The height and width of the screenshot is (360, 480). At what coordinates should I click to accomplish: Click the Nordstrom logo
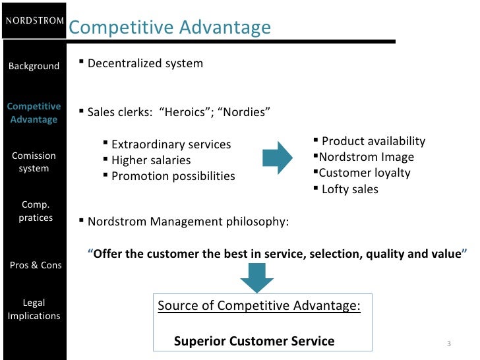point(34,20)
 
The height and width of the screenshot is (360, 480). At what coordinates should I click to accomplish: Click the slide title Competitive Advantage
point(169,28)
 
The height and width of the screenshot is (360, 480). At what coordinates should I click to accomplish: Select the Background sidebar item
point(34,66)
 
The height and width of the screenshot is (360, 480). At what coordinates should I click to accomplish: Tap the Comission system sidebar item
point(34,162)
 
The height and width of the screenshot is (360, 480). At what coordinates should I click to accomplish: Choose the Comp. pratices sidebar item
point(36,211)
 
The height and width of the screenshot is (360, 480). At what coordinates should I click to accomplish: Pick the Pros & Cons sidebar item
point(36,265)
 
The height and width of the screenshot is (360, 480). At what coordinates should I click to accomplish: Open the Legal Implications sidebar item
point(34,309)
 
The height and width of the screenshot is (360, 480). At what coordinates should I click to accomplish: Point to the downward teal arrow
point(256,278)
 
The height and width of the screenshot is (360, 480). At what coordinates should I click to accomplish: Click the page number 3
point(448,344)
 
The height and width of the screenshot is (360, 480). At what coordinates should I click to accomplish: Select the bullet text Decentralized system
point(145,64)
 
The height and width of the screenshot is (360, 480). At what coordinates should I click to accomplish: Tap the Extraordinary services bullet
point(171,144)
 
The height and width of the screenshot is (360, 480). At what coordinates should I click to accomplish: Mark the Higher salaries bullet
point(151,160)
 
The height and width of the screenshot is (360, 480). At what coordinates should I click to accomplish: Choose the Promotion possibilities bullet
point(173,176)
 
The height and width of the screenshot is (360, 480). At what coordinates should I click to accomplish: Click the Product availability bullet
point(373,141)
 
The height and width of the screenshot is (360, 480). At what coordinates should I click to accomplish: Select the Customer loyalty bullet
point(365,173)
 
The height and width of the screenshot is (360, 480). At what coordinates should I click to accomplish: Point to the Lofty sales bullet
point(349,189)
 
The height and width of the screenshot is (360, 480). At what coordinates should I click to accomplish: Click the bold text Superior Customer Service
point(254,341)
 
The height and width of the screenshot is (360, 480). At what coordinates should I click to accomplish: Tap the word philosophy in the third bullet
point(258,222)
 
